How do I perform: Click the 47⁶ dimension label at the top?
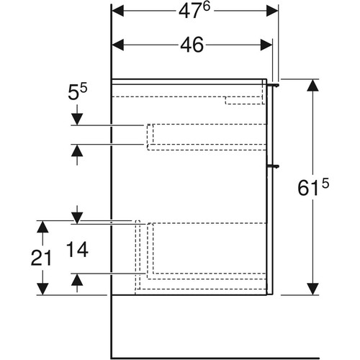[194, 11]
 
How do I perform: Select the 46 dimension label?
[192, 45]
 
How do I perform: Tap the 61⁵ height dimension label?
[313, 187]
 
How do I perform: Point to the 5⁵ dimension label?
[78, 92]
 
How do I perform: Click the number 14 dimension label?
[77, 250]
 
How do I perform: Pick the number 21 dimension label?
[41, 258]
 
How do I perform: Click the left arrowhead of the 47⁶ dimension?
[118, 11]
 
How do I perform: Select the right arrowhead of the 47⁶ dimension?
[272, 11]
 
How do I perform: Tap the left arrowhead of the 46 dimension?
[118, 45]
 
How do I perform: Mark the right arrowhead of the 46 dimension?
[266, 45]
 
